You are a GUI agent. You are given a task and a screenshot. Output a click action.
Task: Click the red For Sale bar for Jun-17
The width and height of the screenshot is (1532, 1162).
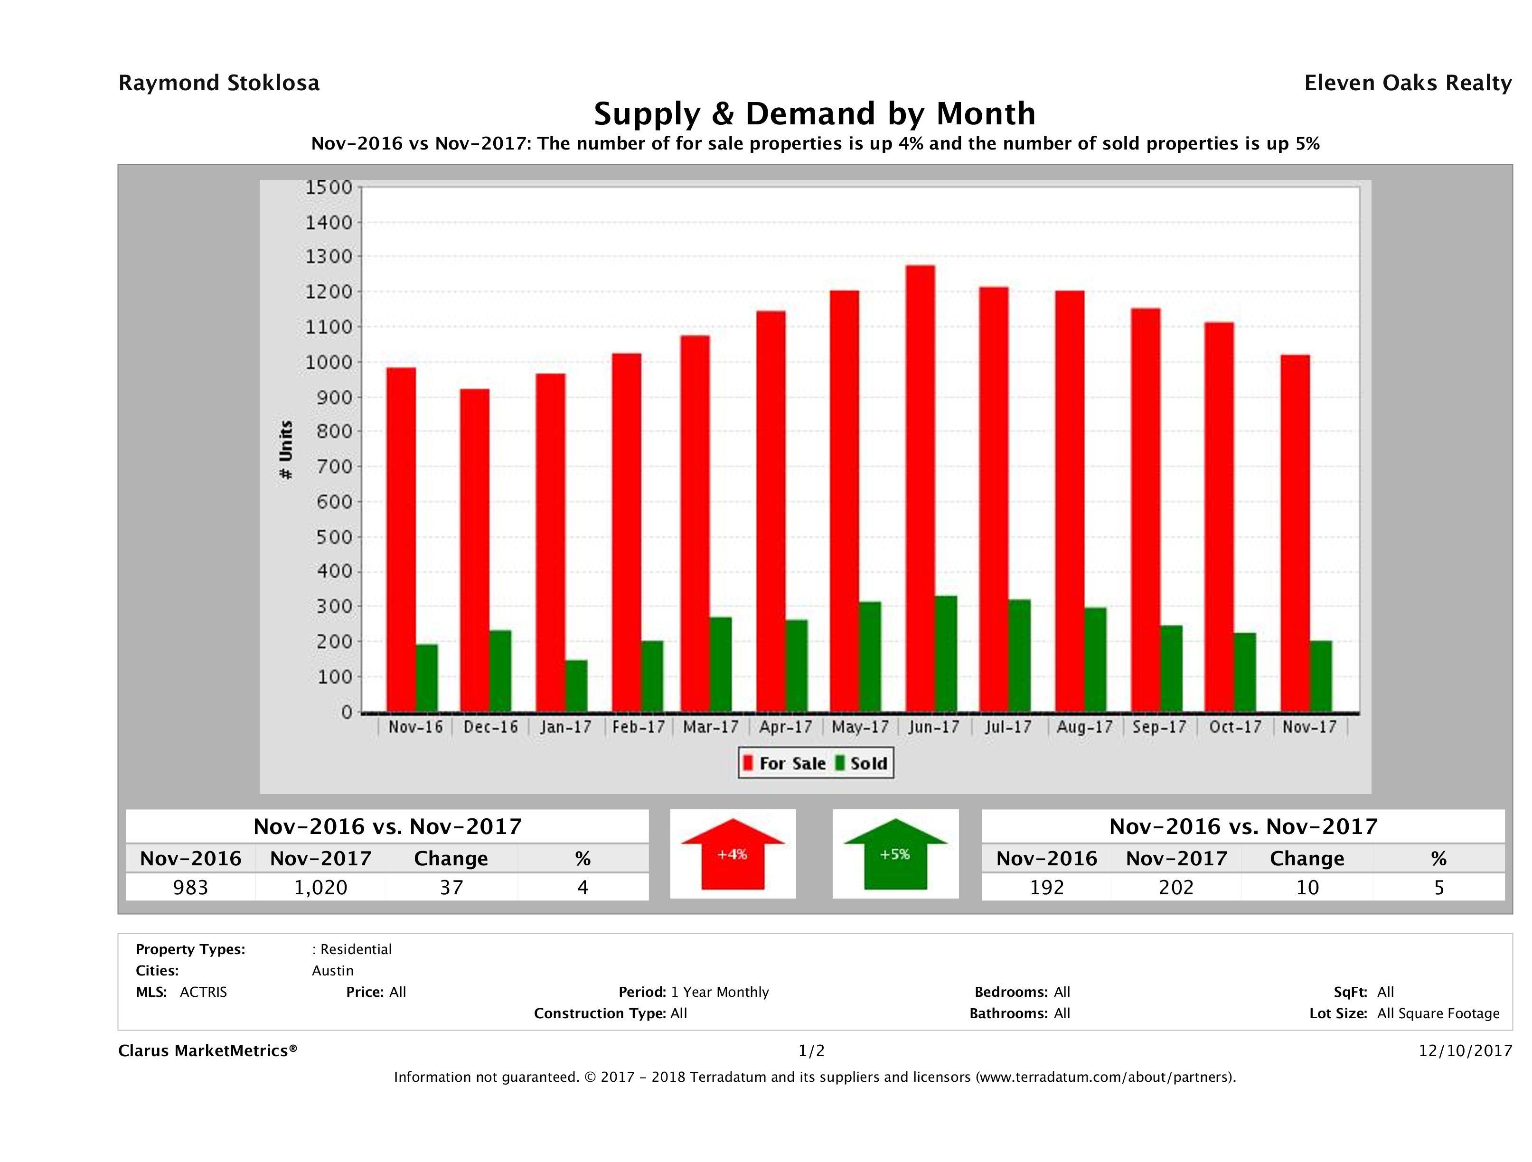920,488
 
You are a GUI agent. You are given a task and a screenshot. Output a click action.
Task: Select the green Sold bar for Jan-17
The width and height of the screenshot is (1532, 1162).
576,685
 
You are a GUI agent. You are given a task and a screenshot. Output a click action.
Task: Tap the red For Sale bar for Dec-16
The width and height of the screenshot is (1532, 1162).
474,551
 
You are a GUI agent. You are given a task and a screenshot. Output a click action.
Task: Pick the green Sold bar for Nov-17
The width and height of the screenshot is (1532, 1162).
1321,676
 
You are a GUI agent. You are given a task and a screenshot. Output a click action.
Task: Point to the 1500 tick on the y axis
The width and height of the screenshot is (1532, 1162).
329,187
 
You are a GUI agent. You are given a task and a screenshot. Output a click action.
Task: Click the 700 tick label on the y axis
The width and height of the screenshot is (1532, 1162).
329,467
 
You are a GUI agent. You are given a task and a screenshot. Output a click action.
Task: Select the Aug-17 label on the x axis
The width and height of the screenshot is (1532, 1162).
1084,727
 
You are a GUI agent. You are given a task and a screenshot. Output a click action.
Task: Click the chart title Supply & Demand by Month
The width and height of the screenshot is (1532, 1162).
815,113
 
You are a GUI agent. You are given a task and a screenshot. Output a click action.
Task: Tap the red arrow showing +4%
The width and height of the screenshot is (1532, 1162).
732,854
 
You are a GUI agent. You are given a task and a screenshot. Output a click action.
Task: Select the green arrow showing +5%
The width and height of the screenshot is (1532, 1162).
895,854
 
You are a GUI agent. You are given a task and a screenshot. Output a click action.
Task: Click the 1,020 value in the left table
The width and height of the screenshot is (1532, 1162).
320,887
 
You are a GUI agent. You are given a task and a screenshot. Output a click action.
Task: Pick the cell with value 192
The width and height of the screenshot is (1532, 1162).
1046,887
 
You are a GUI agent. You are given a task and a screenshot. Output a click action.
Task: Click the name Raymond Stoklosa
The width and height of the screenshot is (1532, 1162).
219,83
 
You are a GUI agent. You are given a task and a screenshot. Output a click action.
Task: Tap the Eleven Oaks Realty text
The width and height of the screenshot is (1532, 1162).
1407,83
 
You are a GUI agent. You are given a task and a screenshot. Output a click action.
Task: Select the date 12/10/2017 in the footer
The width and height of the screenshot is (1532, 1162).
1465,1050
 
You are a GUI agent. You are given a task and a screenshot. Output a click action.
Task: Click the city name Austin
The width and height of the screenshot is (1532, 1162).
332,970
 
